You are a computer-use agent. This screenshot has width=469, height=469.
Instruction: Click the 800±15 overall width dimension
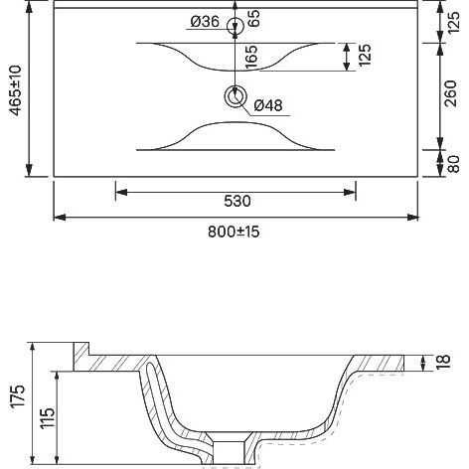[234, 232]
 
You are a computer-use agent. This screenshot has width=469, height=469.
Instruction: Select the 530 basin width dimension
[237, 201]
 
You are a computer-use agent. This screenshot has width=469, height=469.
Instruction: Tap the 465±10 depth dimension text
[16, 90]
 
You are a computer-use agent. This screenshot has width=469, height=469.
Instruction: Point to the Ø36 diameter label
[205, 22]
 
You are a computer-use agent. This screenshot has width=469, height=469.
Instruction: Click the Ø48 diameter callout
[268, 105]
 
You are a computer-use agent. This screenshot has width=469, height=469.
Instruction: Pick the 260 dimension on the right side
[450, 93]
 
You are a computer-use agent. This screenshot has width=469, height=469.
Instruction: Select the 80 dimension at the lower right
[453, 164]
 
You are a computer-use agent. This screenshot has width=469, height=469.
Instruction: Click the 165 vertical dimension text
[251, 57]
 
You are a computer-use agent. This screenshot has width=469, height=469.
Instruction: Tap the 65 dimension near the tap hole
[254, 18]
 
